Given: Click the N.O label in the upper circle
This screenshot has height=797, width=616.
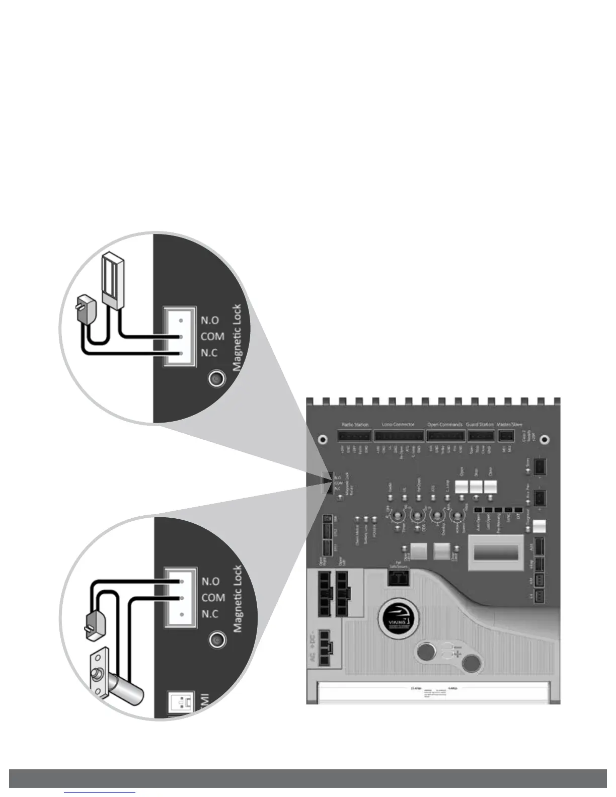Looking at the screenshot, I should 209,321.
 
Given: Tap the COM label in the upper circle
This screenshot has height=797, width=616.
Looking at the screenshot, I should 212,337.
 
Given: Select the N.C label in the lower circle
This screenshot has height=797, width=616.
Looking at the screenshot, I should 210,614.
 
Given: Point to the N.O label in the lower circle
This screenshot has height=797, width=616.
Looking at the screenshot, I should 210,581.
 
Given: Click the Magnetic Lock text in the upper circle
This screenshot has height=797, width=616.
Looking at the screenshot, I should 238,337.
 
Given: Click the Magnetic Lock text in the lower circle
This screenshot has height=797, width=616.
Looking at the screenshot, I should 238,599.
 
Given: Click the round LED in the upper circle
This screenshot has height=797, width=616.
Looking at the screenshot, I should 217,378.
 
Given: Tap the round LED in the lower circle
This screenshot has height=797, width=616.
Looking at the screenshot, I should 217,640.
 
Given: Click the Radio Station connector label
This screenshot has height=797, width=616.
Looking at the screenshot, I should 355,425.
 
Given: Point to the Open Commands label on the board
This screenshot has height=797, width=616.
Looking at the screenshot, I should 444,425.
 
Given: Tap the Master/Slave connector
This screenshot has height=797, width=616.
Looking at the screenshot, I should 507,435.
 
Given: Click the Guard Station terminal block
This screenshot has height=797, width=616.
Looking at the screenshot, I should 480,435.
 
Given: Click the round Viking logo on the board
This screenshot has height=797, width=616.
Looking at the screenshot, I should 396,614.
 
